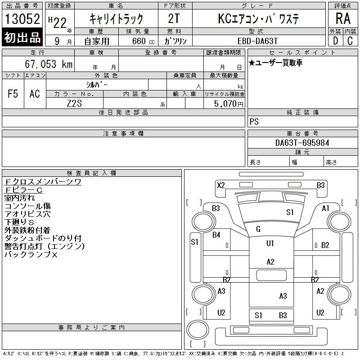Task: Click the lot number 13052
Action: coord(22,19)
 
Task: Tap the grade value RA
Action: coord(343,18)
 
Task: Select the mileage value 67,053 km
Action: coord(49,64)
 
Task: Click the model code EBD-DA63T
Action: coord(257,41)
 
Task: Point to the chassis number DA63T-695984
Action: coord(302,143)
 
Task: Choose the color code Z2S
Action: coord(74,103)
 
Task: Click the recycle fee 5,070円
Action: coord(229,104)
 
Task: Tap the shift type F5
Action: coord(13,94)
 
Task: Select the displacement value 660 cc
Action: coord(143,41)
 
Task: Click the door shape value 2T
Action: coord(174,18)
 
